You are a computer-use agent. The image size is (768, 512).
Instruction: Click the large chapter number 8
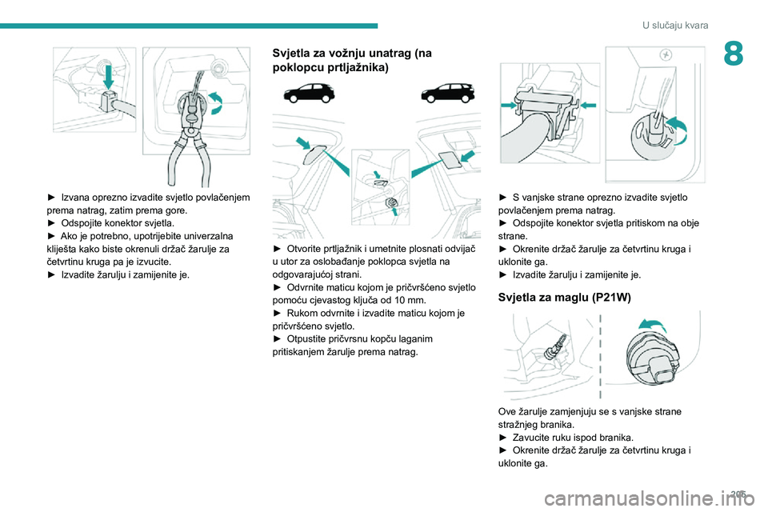(733, 54)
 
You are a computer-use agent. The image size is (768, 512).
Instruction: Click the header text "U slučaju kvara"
(675, 26)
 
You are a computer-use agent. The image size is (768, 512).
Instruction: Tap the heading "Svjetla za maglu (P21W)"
(564, 297)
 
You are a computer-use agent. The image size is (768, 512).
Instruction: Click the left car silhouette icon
(309, 93)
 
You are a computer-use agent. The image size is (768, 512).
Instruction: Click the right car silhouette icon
(448, 93)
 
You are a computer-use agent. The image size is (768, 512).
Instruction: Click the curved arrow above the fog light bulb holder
(652, 325)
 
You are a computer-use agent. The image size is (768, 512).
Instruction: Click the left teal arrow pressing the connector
(509, 105)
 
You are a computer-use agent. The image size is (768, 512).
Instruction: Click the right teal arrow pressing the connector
(588, 104)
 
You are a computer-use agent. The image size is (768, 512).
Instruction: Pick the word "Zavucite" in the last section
(530, 437)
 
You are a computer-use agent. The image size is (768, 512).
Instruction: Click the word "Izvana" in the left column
(75, 198)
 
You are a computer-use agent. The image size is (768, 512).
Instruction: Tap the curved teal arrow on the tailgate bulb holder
(678, 130)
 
